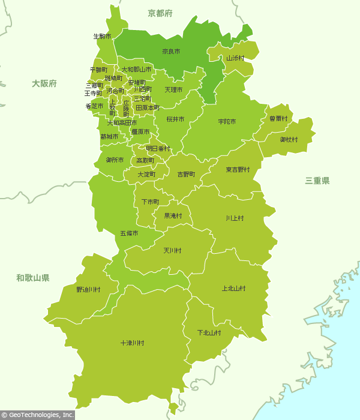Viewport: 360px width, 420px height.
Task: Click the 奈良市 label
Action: click(x=171, y=52)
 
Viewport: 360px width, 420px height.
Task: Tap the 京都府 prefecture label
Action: click(x=160, y=13)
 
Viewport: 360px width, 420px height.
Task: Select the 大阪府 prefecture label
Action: click(x=44, y=83)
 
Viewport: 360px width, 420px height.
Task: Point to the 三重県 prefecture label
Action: click(x=317, y=180)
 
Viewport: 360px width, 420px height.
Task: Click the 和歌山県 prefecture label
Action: click(x=32, y=278)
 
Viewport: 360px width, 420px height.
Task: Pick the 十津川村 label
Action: click(x=132, y=343)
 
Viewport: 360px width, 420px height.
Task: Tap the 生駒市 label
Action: click(x=102, y=37)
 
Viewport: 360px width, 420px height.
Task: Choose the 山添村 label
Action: click(x=235, y=58)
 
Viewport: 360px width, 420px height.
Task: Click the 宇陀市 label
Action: click(x=227, y=122)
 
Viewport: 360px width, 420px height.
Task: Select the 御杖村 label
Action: click(x=289, y=140)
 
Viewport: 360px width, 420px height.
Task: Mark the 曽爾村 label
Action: click(x=278, y=119)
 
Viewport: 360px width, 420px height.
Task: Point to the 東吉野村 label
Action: click(x=238, y=170)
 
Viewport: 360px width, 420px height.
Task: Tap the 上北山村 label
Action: click(x=233, y=289)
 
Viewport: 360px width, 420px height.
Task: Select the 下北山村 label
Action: click(x=209, y=332)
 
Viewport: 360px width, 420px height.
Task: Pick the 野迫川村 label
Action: click(x=88, y=290)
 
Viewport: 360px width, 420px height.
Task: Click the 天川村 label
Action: click(x=172, y=250)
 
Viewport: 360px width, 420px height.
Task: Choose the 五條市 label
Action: click(x=129, y=233)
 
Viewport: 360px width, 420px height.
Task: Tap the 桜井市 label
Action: click(x=175, y=119)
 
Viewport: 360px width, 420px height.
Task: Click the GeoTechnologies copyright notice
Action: click(x=37, y=415)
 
